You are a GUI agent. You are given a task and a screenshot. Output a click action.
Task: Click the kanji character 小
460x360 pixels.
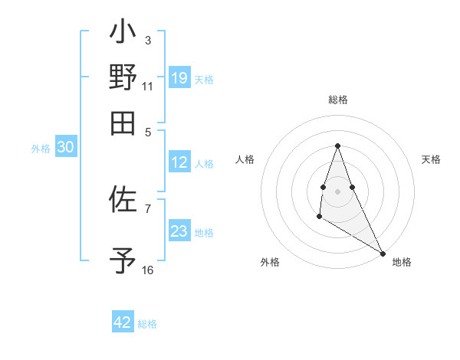coord(123,35)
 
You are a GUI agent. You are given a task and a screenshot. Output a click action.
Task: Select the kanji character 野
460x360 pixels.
coord(123,77)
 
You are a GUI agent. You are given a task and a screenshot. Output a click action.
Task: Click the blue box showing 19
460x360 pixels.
coord(179,77)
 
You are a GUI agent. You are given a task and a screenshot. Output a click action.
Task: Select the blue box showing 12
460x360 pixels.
coord(179,162)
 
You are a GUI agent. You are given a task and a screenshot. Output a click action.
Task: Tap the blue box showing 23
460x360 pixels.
coord(179,231)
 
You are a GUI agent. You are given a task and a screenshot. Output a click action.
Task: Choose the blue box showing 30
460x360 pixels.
coord(65,148)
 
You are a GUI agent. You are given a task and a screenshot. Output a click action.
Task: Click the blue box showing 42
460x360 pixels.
coord(123,322)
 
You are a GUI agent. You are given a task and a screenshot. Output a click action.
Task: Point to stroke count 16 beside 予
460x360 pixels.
coord(148,270)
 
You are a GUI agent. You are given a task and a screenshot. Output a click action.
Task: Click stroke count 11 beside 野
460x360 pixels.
coord(148,87)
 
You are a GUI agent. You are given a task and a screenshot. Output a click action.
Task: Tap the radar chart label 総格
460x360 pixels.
coord(337,100)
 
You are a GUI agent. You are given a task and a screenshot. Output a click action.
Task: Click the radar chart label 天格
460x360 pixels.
coord(431,159)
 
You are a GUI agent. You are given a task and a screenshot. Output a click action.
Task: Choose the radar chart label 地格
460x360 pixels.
coord(402,262)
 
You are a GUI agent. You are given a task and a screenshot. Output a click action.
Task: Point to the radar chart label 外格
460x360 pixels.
coord(270,262)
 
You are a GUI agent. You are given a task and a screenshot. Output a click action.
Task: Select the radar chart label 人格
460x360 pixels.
coord(245,159)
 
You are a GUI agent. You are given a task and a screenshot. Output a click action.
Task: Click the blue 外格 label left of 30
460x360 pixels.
coord(41,149)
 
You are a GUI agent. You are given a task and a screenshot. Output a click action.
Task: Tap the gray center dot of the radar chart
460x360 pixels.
coord(337,189)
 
